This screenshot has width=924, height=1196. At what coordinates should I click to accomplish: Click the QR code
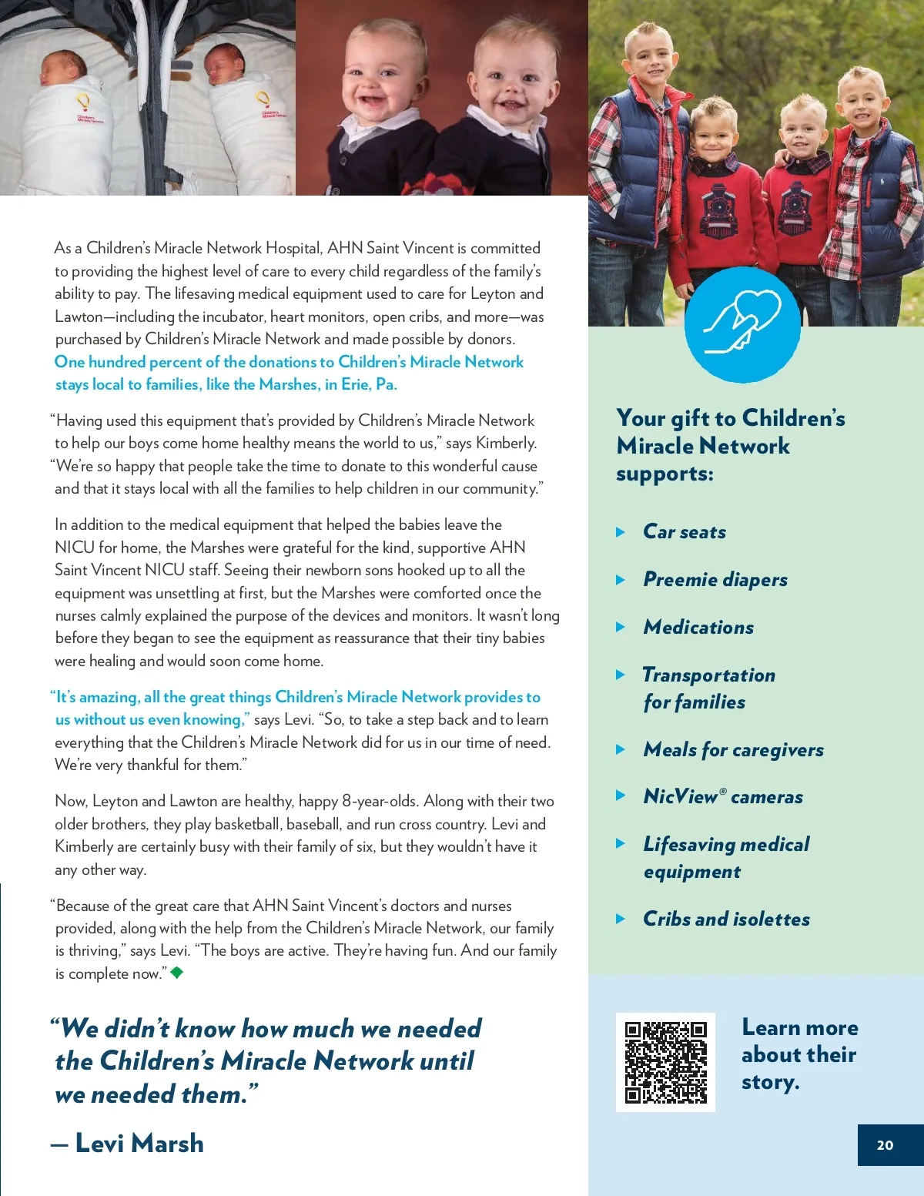pos(665,1062)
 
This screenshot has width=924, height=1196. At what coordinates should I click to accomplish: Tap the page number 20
pos(885,1145)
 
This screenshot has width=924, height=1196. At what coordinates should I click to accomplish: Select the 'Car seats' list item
pos(685,532)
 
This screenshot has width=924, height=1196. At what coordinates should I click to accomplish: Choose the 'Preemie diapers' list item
pos(715,580)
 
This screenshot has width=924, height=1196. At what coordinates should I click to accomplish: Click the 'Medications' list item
pos(698,628)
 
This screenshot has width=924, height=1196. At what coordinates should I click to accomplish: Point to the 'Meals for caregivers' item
pos(733,750)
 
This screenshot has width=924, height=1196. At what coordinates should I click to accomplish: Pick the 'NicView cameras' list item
pos(723,797)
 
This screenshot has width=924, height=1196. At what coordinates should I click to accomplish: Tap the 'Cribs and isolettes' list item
pos(726,920)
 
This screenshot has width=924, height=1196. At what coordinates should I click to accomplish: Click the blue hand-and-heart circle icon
pos(742,325)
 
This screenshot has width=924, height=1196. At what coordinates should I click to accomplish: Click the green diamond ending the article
pos(177,972)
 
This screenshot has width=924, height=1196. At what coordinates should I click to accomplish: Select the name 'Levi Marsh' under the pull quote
pos(139,1144)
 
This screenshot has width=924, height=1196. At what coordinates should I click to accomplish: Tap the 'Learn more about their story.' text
pos(799,1054)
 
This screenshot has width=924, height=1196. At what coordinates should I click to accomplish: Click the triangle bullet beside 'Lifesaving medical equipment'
pos(621,844)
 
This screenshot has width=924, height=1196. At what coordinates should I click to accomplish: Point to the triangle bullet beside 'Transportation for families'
pos(621,675)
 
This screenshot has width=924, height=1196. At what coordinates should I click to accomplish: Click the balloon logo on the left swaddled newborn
pos(82,101)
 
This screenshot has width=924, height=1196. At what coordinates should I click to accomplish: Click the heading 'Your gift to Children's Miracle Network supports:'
pos(730,446)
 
